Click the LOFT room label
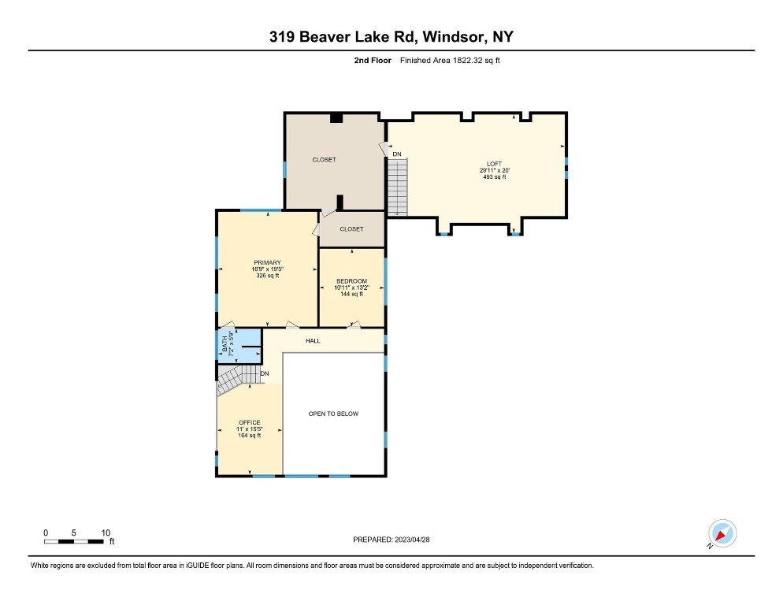pos(494,164)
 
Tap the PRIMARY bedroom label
pos(267,263)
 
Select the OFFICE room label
pos(249,423)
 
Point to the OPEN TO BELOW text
pos(333,414)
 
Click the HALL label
pos(313,341)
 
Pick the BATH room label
pos(225,343)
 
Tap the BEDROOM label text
pos(351,281)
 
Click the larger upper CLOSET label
pos(324,160)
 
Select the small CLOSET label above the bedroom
pos(351,229)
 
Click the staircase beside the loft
pos(398,187)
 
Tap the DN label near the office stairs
pos(265,373)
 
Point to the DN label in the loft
pos(396,154)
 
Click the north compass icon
pos(722,533)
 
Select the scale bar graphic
pos(74,541)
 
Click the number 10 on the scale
pos(106,533)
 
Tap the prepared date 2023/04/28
pos(412,540)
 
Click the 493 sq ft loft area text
pos(494,177)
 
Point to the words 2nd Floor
pos(373,61)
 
